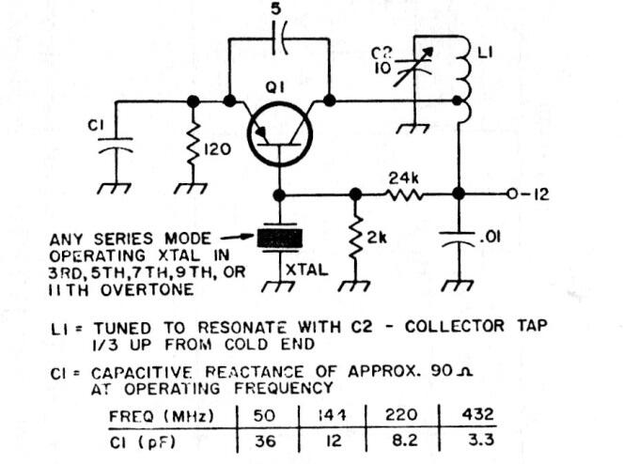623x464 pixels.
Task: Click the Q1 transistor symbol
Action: (x=279, y=134)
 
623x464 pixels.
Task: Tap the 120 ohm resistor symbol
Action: (x=193, y=147)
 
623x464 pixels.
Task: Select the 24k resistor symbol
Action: (x=404, y=194)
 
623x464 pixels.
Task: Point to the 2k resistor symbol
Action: (x=355, y=238)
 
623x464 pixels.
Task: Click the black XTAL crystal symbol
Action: (x=280, y=239)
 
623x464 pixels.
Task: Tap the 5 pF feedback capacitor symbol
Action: (x=280, y=39)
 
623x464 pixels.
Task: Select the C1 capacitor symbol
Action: (x=116, y=146)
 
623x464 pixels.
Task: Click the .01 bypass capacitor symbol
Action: (x=459, y=238)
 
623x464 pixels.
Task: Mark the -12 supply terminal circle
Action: (x=512, y=193)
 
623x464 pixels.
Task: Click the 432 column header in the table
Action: (x=476, y=414)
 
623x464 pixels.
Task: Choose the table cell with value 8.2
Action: (x=404, y=441)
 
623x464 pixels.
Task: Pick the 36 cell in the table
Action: (x=265, y=441)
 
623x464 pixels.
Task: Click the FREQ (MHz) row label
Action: (x=161, y=416)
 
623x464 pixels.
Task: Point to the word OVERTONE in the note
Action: (x=147, y=289)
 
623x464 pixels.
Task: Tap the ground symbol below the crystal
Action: (x=278, y=286)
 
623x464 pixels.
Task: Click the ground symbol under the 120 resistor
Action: (x=191, y=188)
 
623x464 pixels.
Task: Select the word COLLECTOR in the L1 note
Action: (x=454, y=326)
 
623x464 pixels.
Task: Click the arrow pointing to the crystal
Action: (x=237, y=237)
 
